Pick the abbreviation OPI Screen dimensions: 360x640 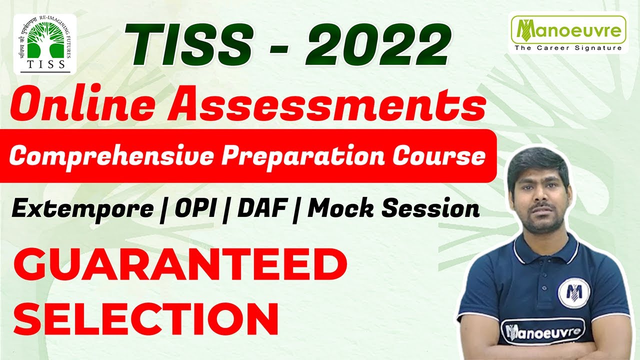pos(194,208)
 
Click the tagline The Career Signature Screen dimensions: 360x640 pos(568,48)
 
